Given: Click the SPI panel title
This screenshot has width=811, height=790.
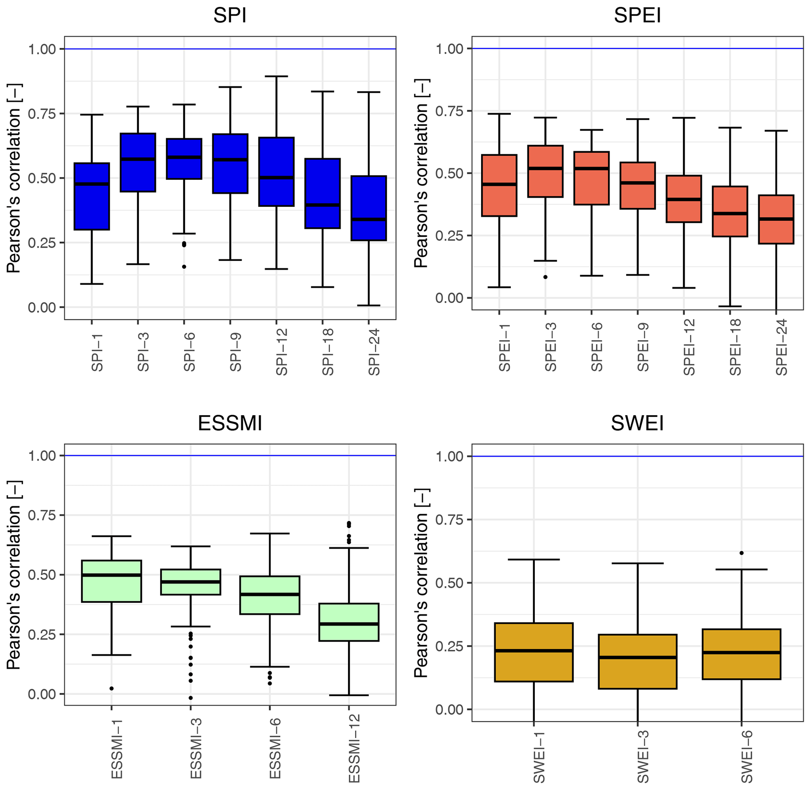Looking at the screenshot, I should click(x=230, y=16).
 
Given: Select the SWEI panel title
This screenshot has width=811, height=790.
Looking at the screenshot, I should click(x=637, y=423).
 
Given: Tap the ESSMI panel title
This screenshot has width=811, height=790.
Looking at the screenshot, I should click(x=230, y=423).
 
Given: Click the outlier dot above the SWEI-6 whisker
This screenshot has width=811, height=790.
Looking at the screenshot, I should click(x=742, y=553).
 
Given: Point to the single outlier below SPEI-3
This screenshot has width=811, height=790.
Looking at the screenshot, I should click(x=545, y=277).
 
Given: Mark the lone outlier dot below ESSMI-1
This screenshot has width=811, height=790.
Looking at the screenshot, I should click(x=111, y=688).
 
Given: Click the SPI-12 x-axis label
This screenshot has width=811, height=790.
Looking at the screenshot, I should click(x=281, y=352).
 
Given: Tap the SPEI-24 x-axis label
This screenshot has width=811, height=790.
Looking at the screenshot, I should click(x=781, y=348).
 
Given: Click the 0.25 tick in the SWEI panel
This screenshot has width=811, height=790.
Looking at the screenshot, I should click(x=449, y=646).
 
